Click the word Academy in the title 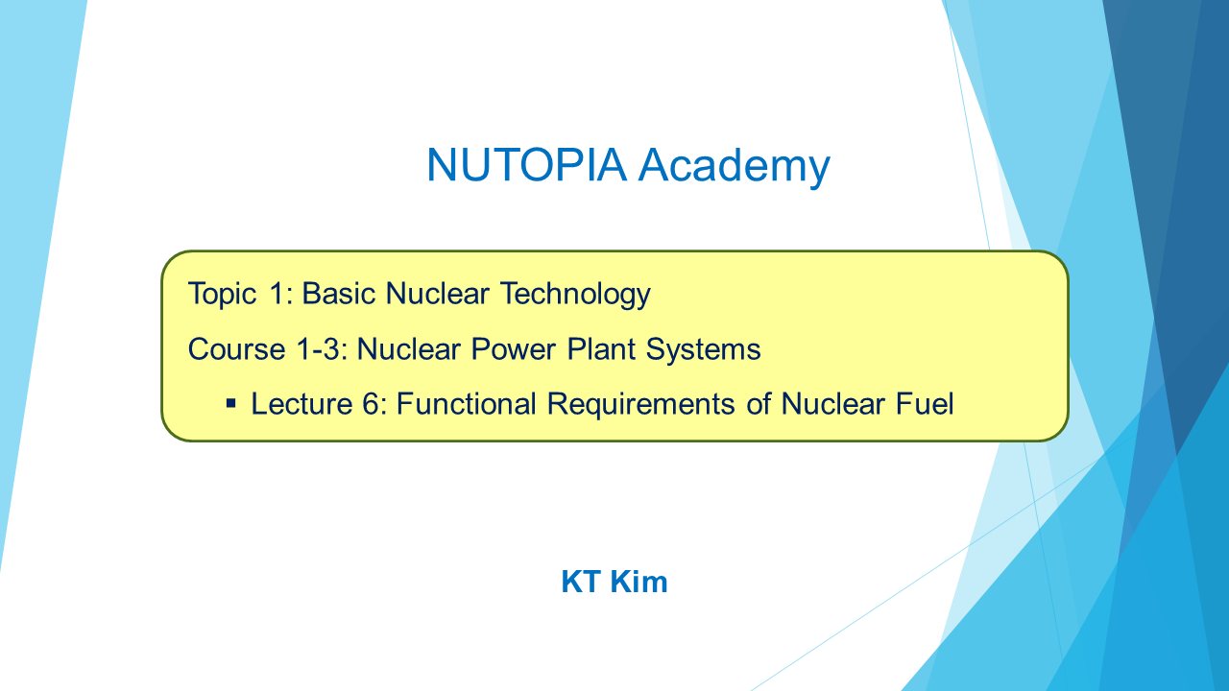click(735, 167)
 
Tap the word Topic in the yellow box click(222, 294)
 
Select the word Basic click(337, 294)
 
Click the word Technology click(575, 294)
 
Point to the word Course click(236, 349)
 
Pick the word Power click(513, 349)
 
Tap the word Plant click(600, 349)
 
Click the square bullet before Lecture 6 click(231, 404)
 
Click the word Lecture click(301, 404)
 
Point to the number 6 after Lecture click(371, 404)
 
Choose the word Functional click(466, 404)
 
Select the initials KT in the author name click(581, 582)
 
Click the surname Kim click(639, 582)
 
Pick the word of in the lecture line click(758, 404)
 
